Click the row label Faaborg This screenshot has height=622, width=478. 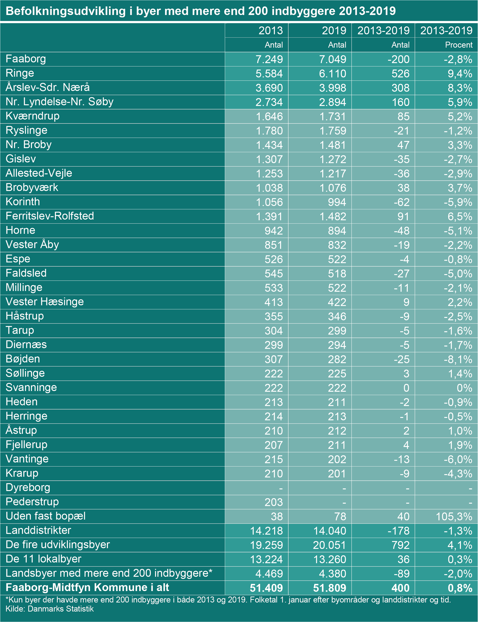[x=26, y=59]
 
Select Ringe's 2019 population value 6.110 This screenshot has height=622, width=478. [x=332, y=74]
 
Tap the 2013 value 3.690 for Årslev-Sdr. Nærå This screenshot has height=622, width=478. [x=269, y=88]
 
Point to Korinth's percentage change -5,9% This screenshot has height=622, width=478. [x=458, y=202]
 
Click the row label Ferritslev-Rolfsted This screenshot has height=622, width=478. [x=50, y=216]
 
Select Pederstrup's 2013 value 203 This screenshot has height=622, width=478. [x=273, y=502]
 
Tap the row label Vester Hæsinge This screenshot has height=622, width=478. [x=45, y=301]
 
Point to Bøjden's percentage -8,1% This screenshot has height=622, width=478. [x=458, y=359]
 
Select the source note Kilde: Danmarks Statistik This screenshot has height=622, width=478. [x=50, y=609]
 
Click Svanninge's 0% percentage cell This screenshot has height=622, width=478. [x=464, y=388]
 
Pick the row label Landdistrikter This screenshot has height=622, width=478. [x=38, y=530]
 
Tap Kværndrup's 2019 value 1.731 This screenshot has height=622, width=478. [x=333, y=116]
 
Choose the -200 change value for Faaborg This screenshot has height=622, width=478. [x=398, y=59]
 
